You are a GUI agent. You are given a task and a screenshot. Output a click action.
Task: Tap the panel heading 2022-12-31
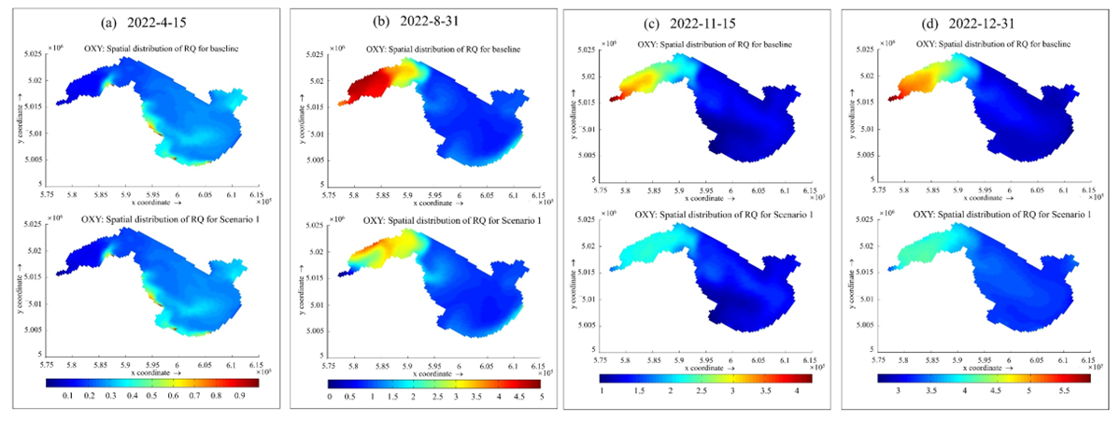(988, 20)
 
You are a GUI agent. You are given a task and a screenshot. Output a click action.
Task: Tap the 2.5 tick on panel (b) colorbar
(434, 398)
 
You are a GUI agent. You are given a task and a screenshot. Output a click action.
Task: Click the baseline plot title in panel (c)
(728, 43)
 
